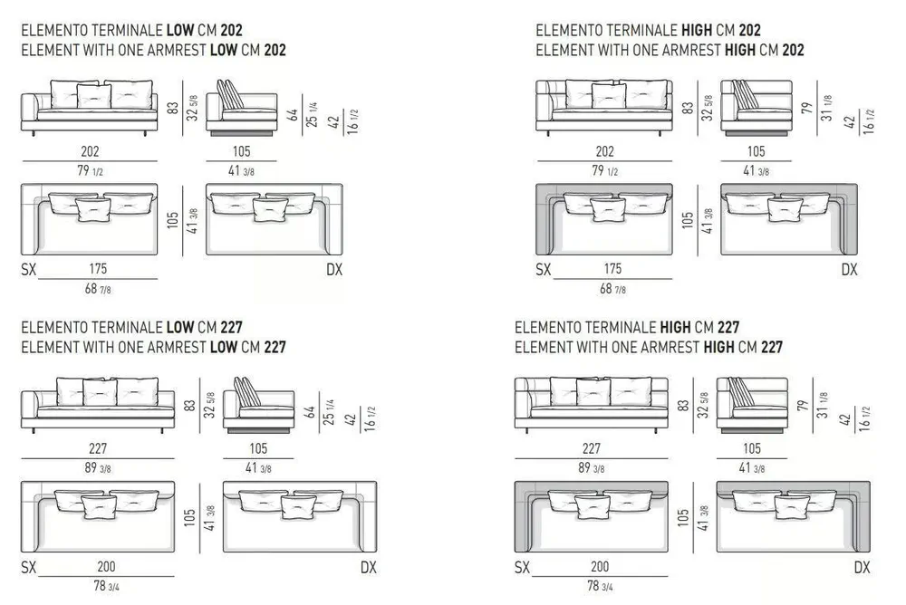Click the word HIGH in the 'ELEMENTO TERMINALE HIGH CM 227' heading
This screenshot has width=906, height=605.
pos(675,328)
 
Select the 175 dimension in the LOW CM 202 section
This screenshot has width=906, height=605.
pos(98,269)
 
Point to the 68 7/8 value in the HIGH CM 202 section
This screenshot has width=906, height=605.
pos(612,288)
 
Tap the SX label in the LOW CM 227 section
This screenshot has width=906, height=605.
pos(28,568)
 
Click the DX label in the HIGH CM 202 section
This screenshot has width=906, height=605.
pos(849,269)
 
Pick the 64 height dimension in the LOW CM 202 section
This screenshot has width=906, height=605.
pos(294,114)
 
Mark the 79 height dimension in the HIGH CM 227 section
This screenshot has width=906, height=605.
pos(802,406)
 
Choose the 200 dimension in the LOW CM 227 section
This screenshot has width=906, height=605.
pos(106,566)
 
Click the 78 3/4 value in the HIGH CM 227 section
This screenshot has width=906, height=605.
pos(600,586)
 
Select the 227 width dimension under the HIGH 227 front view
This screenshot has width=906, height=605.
pos(591,448)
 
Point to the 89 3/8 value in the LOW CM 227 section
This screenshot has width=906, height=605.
pos(98,468)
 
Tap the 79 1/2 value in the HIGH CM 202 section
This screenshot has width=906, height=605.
pos(604,171)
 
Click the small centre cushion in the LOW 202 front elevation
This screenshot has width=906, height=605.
pos(93,96)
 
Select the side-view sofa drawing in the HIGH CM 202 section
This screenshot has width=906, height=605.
pos(757,108)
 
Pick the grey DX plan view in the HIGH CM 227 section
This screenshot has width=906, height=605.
pos(794,516)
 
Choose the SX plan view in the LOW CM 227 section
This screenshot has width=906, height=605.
pos(98,516)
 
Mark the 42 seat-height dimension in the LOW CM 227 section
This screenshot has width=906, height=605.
pos(350,419)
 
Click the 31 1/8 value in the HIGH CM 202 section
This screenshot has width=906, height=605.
pos(827,108)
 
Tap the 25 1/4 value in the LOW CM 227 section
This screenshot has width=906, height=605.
pos(328,411)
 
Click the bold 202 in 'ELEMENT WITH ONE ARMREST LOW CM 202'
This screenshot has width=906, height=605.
pos(275,51)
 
